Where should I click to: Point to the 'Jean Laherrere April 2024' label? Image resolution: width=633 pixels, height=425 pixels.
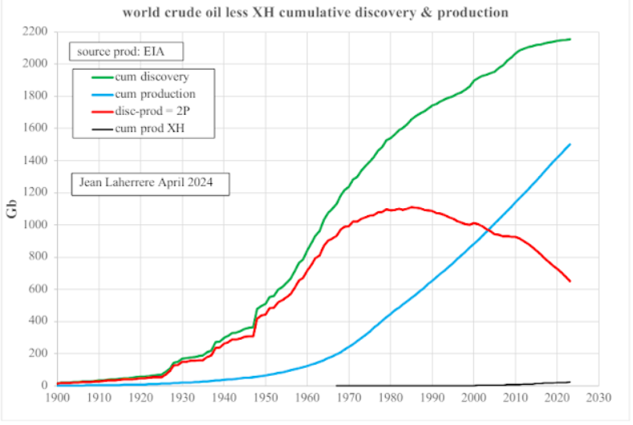tap(150, 183)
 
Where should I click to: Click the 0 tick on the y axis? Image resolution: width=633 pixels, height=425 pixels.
tap(45, 386)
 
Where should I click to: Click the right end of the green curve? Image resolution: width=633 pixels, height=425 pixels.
tap(570, 39)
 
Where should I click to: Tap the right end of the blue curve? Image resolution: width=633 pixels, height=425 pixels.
tap(570, 145)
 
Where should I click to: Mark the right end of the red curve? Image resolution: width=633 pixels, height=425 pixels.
tap(570, 281)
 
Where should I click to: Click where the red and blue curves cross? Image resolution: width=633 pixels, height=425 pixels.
tap(485, 230)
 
